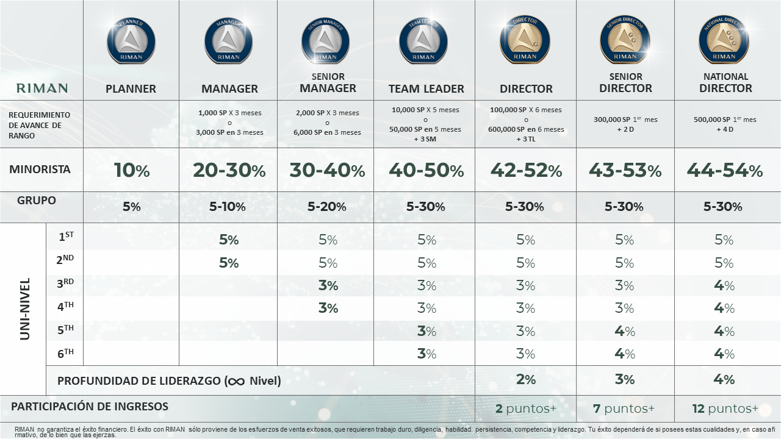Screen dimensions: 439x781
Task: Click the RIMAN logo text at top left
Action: [x=42, y=88]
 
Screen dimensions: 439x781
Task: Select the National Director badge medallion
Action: [x=724, y=40]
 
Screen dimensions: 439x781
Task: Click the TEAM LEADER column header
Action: [x=426, y=88]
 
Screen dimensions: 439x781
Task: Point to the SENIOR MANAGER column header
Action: [x=328, y=82]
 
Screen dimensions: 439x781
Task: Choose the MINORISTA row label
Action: [x=40, y=169]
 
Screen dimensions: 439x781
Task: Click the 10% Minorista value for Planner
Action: [x=131, y=170]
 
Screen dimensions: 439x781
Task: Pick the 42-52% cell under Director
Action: [x=526, y=170]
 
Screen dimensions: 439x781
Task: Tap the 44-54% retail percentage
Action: [x=724, y=170]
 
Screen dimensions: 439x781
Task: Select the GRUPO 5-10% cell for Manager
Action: [x=228, y=207]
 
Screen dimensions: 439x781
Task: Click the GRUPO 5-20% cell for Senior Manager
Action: [x=327, y=207]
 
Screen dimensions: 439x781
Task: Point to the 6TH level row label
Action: [x=65, y=353]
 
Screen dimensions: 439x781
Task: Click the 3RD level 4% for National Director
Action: [x=724, y=285]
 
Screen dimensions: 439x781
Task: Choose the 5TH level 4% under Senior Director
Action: [x=624, y=331]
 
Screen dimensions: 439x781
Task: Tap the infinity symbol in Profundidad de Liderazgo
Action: [x=235, y=381]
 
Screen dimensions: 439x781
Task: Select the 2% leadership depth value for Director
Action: [x=525, y=379]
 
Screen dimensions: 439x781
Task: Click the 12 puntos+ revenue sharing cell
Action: [x=725, y=409]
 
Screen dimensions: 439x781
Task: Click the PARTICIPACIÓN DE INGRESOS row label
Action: [x=90, y=406]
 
